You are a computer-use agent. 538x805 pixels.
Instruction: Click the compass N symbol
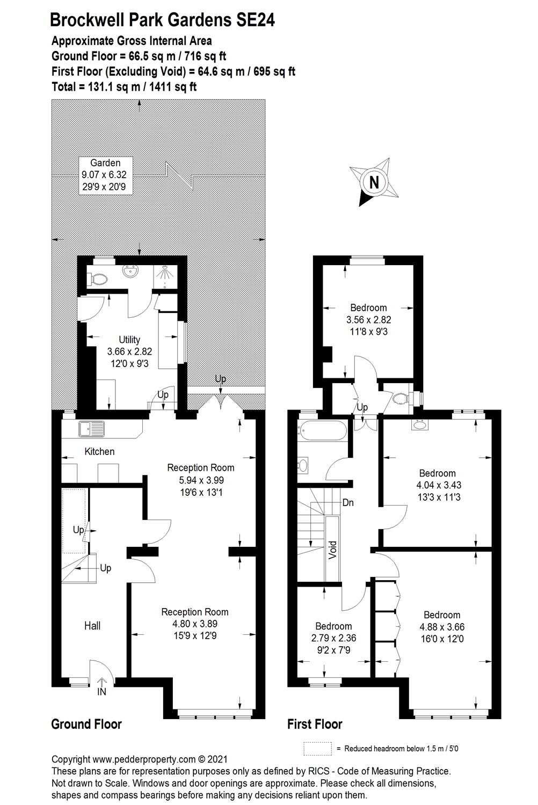(375, 182)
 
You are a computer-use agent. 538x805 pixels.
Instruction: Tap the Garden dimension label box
(105, 175)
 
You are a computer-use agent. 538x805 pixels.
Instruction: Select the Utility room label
(129, 340)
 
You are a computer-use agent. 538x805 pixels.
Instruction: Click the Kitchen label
(99, 451)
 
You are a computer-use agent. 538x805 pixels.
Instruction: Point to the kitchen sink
(92, 429)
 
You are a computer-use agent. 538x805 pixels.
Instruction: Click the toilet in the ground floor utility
(97, 279)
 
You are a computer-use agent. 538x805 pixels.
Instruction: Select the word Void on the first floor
(332, 550)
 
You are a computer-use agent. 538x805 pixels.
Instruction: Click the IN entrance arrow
(101, 687)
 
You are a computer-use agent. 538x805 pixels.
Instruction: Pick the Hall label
(92, 625)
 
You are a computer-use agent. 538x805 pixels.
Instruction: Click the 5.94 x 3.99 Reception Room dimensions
(200, 480)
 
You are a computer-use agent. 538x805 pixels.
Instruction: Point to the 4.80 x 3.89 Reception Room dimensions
(194, 624)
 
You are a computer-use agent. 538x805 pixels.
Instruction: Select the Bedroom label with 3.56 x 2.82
(368, 308)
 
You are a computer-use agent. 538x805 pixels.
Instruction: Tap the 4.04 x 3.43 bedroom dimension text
(437, 485)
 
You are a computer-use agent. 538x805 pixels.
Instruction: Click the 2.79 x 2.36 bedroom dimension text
(333, 639)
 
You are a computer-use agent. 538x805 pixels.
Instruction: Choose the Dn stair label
(348, 503)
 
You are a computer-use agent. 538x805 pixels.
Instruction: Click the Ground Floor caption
(86, 724)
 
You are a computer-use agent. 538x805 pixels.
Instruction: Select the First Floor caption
(315, 724)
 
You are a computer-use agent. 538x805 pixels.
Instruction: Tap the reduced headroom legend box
(318, 749)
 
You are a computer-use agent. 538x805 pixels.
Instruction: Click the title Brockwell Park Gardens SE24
(162, 20)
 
